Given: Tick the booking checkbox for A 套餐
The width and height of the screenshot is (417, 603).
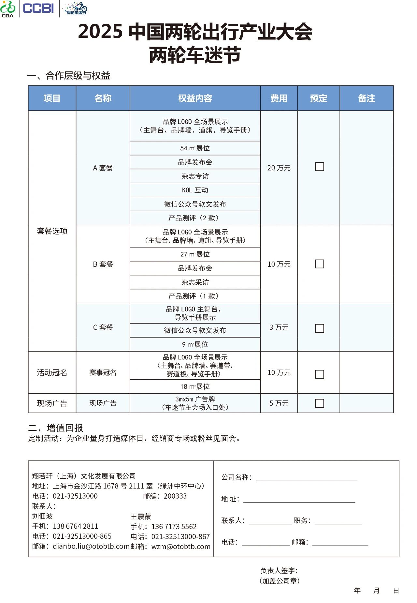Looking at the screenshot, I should click(319, 167).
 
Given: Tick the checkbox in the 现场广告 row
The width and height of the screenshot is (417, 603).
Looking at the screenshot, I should click(319, 403).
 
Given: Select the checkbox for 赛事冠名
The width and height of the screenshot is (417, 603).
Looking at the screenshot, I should click(319, 374).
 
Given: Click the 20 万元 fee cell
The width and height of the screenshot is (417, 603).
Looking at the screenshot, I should click(279, 168).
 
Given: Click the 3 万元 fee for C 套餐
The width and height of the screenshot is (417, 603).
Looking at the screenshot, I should click(279, 327).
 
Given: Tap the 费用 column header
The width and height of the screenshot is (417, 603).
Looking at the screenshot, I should click(279, 98).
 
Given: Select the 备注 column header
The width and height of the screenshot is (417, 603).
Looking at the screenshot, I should click(366, 98).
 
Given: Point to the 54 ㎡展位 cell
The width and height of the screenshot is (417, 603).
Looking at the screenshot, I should click(195, 148).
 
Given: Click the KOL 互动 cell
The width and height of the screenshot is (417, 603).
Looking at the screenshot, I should click(195, 190).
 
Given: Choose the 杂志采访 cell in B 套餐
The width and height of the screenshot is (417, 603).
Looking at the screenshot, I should click(195, 282).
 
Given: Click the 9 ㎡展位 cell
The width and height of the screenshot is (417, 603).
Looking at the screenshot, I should click(195, 344).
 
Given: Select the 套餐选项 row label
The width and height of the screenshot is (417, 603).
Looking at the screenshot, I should click(52, 231).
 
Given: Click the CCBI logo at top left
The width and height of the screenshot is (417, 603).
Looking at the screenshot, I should click(38, 8).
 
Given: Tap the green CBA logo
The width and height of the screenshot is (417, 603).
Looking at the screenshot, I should click(8, 9).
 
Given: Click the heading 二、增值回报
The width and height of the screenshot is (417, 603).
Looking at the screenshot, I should click(56, 428).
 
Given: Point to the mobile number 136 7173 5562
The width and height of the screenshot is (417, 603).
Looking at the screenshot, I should click(174, 526).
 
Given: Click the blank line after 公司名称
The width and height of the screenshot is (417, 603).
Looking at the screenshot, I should click(307, 479).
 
